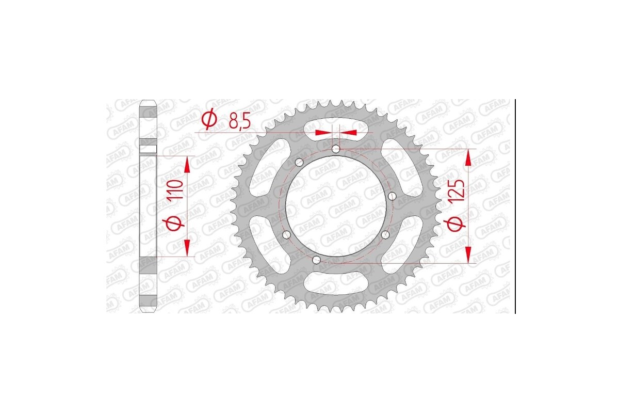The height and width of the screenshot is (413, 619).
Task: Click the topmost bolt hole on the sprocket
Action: coord(336,149)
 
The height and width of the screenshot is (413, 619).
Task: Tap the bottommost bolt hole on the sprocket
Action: coord(317,260)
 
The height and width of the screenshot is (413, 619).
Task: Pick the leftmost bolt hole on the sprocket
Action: coord(287,235)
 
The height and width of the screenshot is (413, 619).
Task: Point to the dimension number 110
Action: coord(175,191)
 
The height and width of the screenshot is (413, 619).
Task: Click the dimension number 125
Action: coord(459,190)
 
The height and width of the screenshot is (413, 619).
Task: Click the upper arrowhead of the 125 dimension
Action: coord(468,158)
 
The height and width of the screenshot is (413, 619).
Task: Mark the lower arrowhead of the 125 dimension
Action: coord(468,254)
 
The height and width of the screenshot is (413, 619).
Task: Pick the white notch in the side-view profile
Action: coord(149,150)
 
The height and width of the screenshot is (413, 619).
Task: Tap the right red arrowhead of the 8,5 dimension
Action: coord(349,133)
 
